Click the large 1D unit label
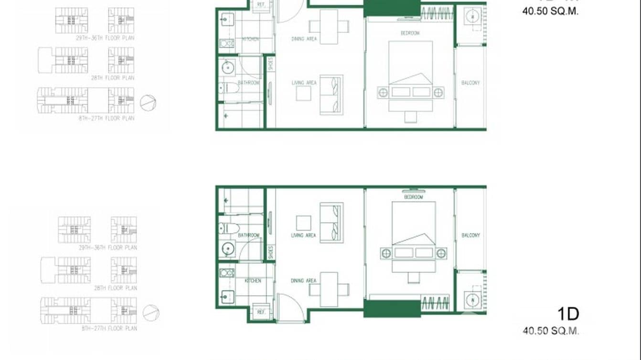[568, 314]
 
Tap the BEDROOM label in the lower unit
[413, 197]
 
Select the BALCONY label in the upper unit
[470, 83]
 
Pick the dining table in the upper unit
[329, 26]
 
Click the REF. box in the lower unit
[261, 312]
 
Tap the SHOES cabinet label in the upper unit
[271, 64]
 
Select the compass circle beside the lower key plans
[151, 313]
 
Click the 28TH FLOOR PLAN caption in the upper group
[113, 78]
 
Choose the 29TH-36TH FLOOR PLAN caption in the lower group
[108, 248]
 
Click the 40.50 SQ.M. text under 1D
[551, 330]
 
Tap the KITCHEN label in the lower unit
[253, 281]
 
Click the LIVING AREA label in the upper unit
[304, 83]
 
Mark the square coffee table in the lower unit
[303, 223]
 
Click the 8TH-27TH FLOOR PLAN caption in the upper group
[107, 118]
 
